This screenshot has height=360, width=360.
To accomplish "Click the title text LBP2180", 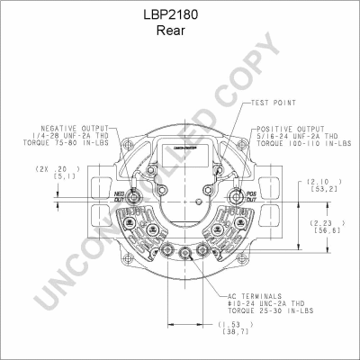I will click(180, 15).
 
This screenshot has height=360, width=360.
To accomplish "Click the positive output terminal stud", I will click(236, 197).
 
